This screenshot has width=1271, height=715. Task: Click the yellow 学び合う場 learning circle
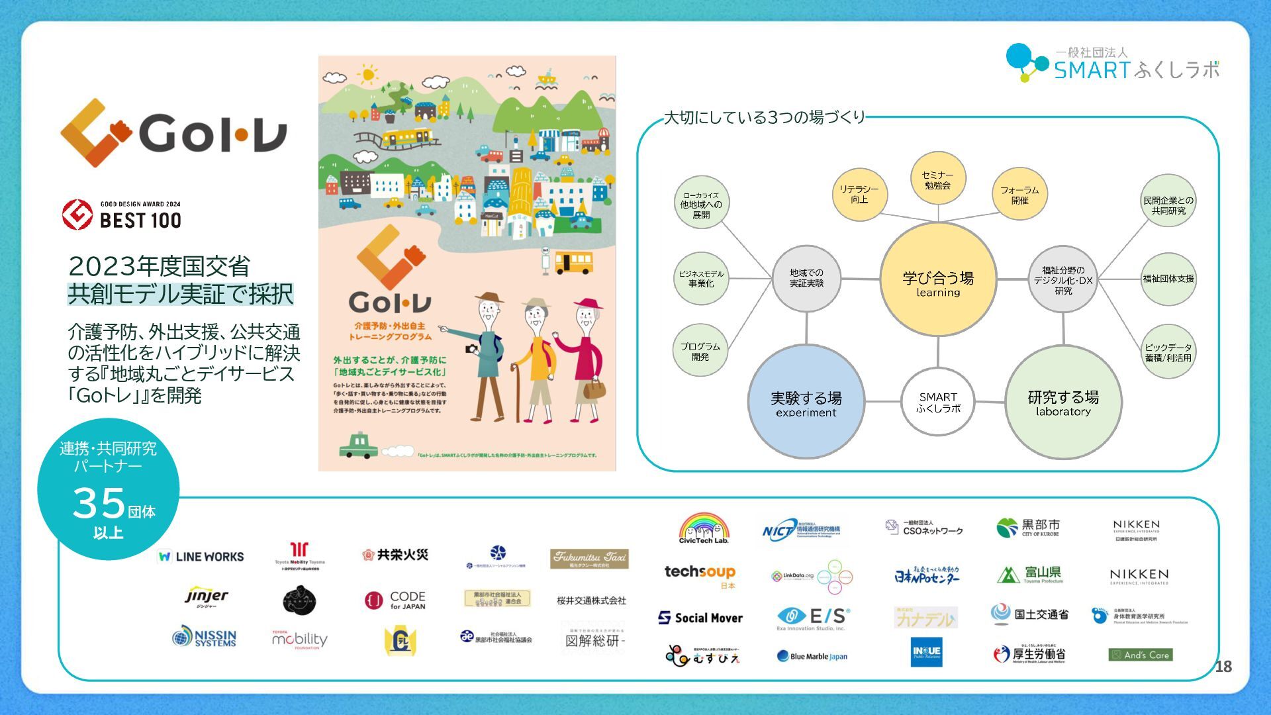tap(938, 280)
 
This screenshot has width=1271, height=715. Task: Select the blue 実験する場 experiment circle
tap(806, 402)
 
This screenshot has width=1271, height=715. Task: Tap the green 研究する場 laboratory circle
tap(1063, 402)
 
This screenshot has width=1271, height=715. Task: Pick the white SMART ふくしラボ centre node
tap(938, 402)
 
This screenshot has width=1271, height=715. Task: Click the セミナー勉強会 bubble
tap(937, 180)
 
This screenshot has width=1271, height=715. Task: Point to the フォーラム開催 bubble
tap(1019, 194)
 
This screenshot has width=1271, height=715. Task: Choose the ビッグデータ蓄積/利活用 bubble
tap(1168, 352)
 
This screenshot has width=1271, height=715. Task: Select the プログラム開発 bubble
tap(700, 351)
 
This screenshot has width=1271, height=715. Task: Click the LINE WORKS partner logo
tap(201, 557)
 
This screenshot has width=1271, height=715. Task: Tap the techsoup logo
tap(700, 573)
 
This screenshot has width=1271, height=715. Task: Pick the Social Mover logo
tap(700, 618)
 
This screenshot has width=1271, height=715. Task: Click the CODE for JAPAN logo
tap(395, 600)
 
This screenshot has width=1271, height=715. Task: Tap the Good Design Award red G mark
tap(77, 215)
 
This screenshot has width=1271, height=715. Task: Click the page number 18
tap(1223, 667)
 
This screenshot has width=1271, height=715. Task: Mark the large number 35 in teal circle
tap(99, 503)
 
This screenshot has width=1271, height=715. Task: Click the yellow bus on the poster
tap(573, 263)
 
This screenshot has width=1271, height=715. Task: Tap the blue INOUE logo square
tap(926, 651)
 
